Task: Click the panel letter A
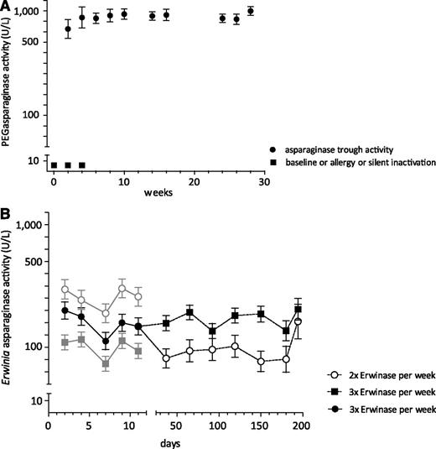tap(7, 7)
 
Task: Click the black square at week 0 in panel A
tap(54, 165)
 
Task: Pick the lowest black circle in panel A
tap(68, 29)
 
